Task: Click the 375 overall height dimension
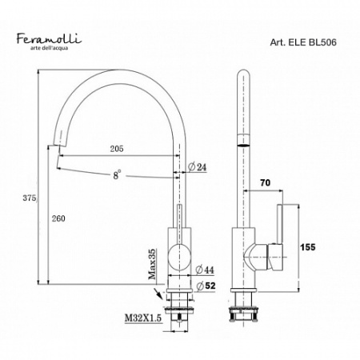pos(28,198)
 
